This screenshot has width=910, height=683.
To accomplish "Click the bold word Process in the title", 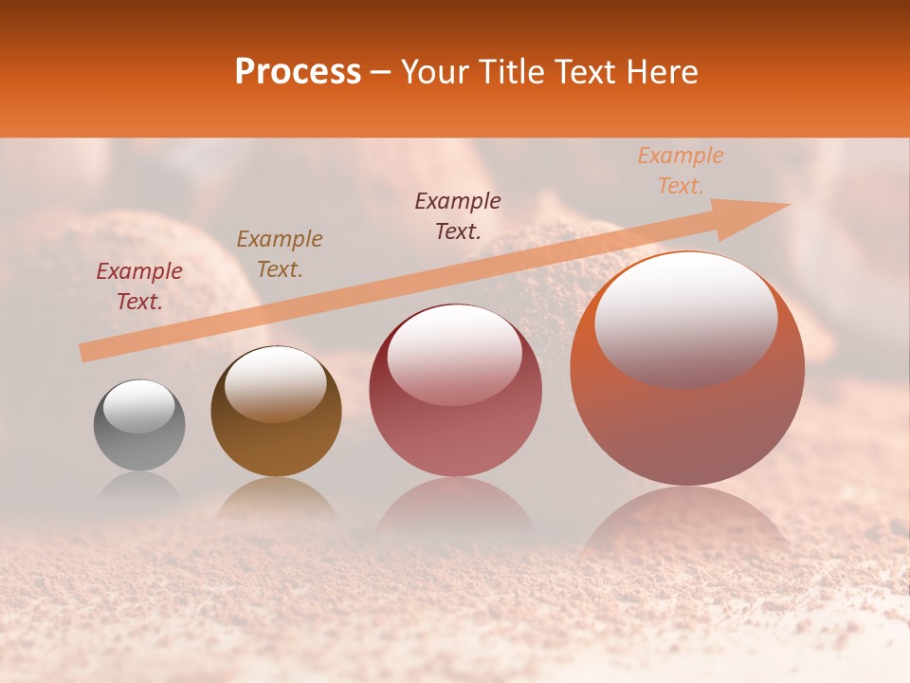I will pos(298,72).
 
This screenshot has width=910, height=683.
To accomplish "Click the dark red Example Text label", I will pos(139,286).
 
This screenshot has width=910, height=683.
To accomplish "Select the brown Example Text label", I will pos(280,254).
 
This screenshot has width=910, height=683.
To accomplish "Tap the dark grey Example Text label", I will pos(458,215).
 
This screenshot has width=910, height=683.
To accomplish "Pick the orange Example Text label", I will pos(681,171).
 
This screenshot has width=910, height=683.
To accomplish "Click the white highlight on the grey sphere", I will pos(139,406).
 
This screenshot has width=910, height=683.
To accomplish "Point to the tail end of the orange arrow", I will pos(83,353).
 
